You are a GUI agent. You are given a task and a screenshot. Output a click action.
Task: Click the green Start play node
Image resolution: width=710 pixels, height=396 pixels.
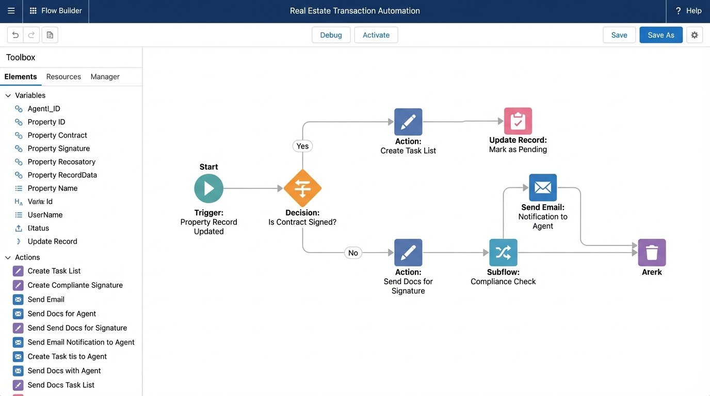coord(209,188)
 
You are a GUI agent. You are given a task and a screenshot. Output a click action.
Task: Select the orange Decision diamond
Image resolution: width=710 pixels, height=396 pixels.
coord(302,188)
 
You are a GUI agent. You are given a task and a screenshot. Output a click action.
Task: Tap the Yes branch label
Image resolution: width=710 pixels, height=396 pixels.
coord(302,146)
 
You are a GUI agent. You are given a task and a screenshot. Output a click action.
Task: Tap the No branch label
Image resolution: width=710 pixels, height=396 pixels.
coord(353,253)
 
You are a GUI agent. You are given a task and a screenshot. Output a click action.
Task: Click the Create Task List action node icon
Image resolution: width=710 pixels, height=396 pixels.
coord(408,122)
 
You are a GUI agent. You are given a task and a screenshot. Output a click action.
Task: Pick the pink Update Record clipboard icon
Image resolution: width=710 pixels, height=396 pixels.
coord(518,121)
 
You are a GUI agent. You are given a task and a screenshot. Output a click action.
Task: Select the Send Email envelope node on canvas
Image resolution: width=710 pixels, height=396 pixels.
coord(543,188)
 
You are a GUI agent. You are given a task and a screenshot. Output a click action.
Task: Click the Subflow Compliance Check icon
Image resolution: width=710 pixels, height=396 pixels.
coord(503,253)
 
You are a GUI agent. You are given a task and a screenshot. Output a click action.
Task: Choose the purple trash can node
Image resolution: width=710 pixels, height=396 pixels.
coord(652,253)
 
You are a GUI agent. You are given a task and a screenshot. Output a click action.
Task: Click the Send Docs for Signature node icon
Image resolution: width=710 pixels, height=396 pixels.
coord(408,253)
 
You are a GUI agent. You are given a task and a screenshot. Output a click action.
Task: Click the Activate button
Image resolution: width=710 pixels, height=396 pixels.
coord(376,35)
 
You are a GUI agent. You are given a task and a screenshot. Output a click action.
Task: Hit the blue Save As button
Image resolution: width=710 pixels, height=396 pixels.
coord(660,35)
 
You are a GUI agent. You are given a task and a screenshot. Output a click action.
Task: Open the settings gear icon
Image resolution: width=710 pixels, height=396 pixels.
coord(695,35)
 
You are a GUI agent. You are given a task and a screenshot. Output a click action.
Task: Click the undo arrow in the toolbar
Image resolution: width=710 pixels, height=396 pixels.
coord(15,35)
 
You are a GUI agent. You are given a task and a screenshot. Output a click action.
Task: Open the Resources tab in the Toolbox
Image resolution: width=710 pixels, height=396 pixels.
coord(63,77)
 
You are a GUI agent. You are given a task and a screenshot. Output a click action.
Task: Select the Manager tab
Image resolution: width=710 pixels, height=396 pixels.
coord(105,77)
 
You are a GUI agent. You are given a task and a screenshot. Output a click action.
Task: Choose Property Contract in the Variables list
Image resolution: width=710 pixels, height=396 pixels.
coord(57,135)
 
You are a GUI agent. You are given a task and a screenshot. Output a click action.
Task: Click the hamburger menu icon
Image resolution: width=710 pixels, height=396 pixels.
coord(11,11)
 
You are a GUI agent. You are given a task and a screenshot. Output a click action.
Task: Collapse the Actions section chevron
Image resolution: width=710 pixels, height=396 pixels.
coord(8,257)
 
